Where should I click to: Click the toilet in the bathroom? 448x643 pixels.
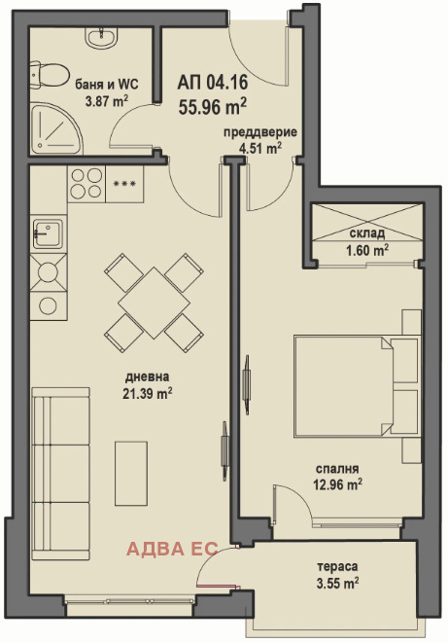pyautogui.click(x=49, y=75)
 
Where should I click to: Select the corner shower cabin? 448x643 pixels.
pyautogui.click(x=55, y=128)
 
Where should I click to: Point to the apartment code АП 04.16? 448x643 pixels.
pyautogui.click(x=213, y=83)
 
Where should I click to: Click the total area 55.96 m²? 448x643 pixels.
pyautogui.click(x=213, y=107)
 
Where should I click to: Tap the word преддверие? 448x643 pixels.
pyautogui.click(x=260, y=132)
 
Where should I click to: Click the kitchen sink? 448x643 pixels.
pyautogui.click(x=48, y=233)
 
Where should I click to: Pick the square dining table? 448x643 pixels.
pyautogui.click(x=154, y=303)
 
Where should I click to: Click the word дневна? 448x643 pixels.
pyautogui.click(x=147, y=376)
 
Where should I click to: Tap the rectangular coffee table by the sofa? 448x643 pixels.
pyautogui.click(x=131, y=473)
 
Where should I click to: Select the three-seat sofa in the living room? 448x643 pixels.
pyautogui.click(x=60, y=473)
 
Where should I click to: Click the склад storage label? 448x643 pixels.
pyautogui.click(x=367, y=233)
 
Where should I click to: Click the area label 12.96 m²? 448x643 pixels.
pyautogui.click(x=337, y=485)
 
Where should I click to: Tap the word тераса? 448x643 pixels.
pyautogui.click(x=337, y=566)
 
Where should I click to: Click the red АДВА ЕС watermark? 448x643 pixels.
pyautogui.click(x=172, y=549)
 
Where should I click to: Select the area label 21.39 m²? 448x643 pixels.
pyautogui.click(x=147, y=393)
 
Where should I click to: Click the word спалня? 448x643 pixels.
pyautogui.click(x=337, y=469)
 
